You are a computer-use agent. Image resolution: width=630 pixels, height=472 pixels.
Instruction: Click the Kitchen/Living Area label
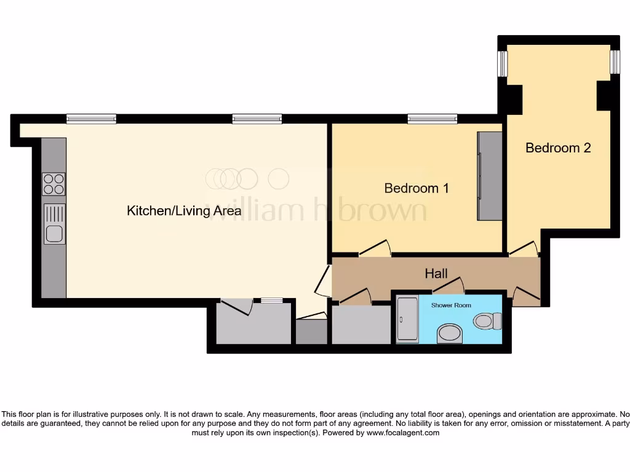click(184, 211)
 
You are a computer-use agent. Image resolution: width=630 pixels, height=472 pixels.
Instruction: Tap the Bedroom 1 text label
click(416, 188)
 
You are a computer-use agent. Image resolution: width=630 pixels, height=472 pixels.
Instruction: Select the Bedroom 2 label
click(558, 147)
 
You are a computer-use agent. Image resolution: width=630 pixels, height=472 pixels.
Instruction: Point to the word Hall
click(436, 273)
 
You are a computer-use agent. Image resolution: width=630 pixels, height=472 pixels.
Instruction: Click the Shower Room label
click(451, 305)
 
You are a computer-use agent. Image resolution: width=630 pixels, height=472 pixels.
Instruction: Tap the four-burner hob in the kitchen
click(54, 184)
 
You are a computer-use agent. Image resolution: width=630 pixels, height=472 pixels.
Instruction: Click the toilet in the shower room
click(489, 321)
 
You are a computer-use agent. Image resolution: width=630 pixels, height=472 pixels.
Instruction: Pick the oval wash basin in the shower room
click(450, 334)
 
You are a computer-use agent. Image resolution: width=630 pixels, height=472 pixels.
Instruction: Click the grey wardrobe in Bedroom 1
click(489, 176)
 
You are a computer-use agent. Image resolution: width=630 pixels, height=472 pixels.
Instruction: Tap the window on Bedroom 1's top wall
click(432, 119)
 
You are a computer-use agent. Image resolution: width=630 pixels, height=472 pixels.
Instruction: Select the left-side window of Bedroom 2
click(503, 63)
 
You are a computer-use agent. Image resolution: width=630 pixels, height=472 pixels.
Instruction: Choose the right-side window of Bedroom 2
click(615, 62)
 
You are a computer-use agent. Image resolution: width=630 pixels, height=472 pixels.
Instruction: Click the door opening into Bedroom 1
click(375, 248)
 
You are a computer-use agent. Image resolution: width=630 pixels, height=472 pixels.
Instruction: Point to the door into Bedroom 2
click(524, 248)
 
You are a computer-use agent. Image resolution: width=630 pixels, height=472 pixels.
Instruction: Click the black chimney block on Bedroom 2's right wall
click(604, 96)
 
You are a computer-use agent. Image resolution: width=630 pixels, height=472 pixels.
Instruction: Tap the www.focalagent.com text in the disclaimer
click(404, 433)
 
